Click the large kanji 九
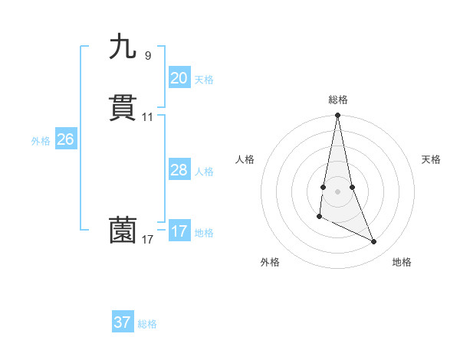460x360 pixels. pyautogui.click(x=123, y=47)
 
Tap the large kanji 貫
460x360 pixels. pyautogui.click(x=123, y=108)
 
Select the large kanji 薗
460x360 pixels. pyautogui.click(x=123, y=231)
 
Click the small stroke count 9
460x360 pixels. pyautogui.click(x=147, y=55)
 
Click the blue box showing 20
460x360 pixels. pyautogui.click(x=179, y=78)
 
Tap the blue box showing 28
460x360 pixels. pyautogui.click(x=179, y=170)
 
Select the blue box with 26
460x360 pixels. pyautogui.click(x=65, y=139)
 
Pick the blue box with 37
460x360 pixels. pyautogui.click(x=123, y=322)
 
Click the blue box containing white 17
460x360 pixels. pyautogui.click(x=179, y=231)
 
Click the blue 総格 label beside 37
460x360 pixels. pyautogui.click(x=147, y=324)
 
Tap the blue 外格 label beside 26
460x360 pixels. pyautogui.click(x=41, y=141)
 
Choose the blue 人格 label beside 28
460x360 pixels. pyautogui.click(x=204, y=172)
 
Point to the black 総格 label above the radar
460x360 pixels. pyautogui.click(x=337, y=100)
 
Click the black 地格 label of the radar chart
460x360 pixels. pyautogui.click(x=402, y=262)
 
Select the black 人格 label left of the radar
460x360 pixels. pyautogui.click(x=245, y=159)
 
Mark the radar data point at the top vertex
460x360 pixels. pyautogui.click(x=337, y=116)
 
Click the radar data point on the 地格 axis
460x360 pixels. pyautogui.click(x=374, y=242)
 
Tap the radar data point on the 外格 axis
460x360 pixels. pyautogui.click(x=319, y=217)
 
